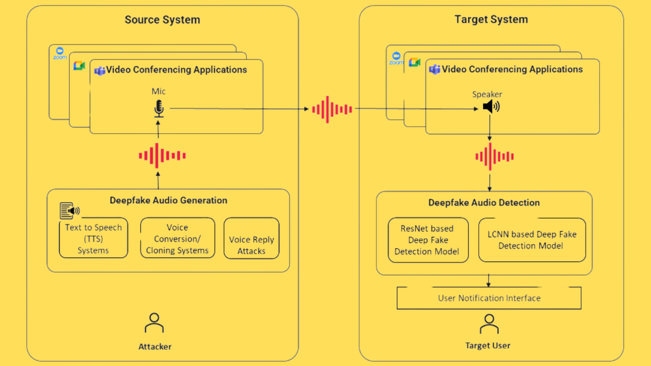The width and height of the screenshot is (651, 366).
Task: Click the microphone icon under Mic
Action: [x=159, y=108]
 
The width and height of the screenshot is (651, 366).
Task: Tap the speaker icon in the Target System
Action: [x=491, y=107]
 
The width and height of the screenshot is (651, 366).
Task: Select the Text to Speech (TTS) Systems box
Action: [x=94, y=238]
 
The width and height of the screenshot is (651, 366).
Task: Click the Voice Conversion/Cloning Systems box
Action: [x=177, y=238]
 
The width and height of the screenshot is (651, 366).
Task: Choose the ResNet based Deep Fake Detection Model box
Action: [x=427, y=240]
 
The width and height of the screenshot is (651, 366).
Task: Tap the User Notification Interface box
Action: [x=489, y=298]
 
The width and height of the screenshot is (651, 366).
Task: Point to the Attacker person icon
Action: [x=154, y=323]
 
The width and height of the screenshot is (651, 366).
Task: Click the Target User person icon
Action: [x=489, y=324]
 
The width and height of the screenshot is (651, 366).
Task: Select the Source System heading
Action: [x=162, y=20]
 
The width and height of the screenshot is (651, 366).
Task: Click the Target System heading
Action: [x=491, y=19]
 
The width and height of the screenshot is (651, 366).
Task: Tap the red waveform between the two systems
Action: [x=332, y=109]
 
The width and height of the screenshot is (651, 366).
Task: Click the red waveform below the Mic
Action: [x=162, y=156]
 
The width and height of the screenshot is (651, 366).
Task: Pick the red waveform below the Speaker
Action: [x=494, y=157]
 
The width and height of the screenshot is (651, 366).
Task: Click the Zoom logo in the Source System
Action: [x=60, y=53]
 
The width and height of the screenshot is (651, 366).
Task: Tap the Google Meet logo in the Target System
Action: [x=415, y=62]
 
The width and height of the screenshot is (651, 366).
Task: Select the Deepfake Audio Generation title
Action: [x=168, y=200]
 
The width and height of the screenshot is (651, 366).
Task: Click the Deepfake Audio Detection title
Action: [x=484, y=202]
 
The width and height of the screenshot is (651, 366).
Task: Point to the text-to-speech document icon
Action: [x=69, y=210]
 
